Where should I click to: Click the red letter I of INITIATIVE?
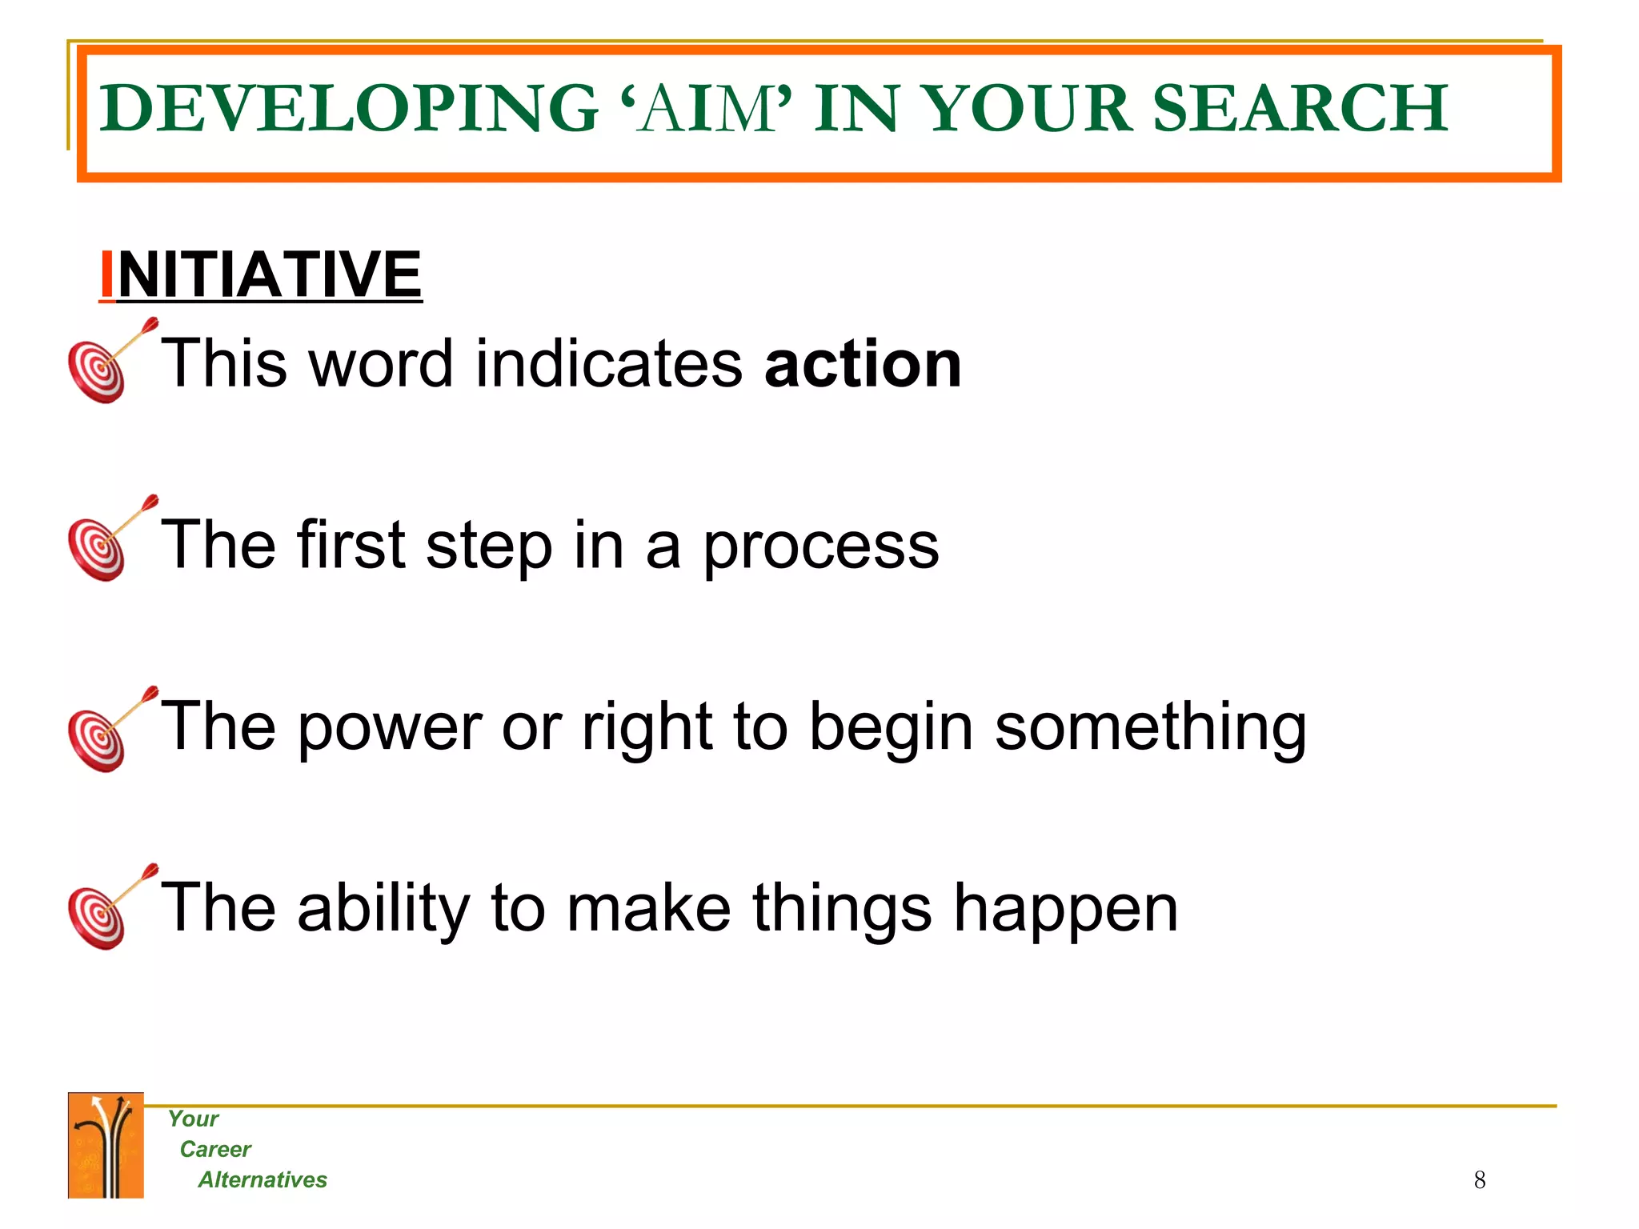point(106,274)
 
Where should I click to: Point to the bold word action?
point(863,364)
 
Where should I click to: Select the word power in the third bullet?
point(391,727)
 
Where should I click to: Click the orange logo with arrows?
point(106,1145)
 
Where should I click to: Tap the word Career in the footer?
point(214,1150)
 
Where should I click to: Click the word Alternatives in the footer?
point(262,1180)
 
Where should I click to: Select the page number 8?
point(1479,1180)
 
